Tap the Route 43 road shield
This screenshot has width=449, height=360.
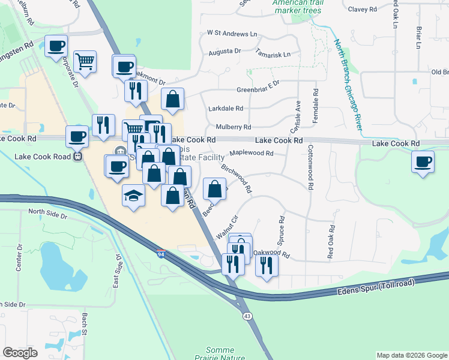click(247, 316)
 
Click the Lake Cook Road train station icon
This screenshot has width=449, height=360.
click(77, 157)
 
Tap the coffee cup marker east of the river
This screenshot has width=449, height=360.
click(423, 162)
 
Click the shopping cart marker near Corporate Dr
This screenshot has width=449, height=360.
click(85, 61)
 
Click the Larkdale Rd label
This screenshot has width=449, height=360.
click(226, 109)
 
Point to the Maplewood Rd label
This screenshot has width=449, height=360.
click(252, 153)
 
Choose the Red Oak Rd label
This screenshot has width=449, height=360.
click(331, 241)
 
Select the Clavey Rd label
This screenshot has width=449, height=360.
click(362, 9)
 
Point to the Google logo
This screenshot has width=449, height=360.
click(20, 353)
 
